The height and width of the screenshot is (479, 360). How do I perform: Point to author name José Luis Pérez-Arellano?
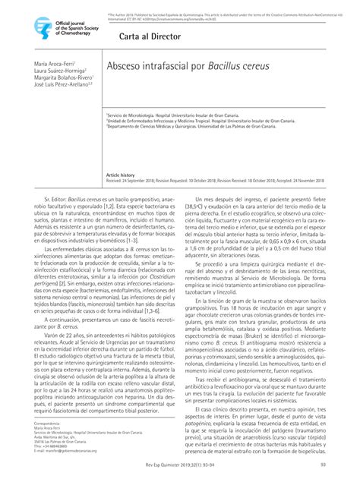click(x=62, y=84)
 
